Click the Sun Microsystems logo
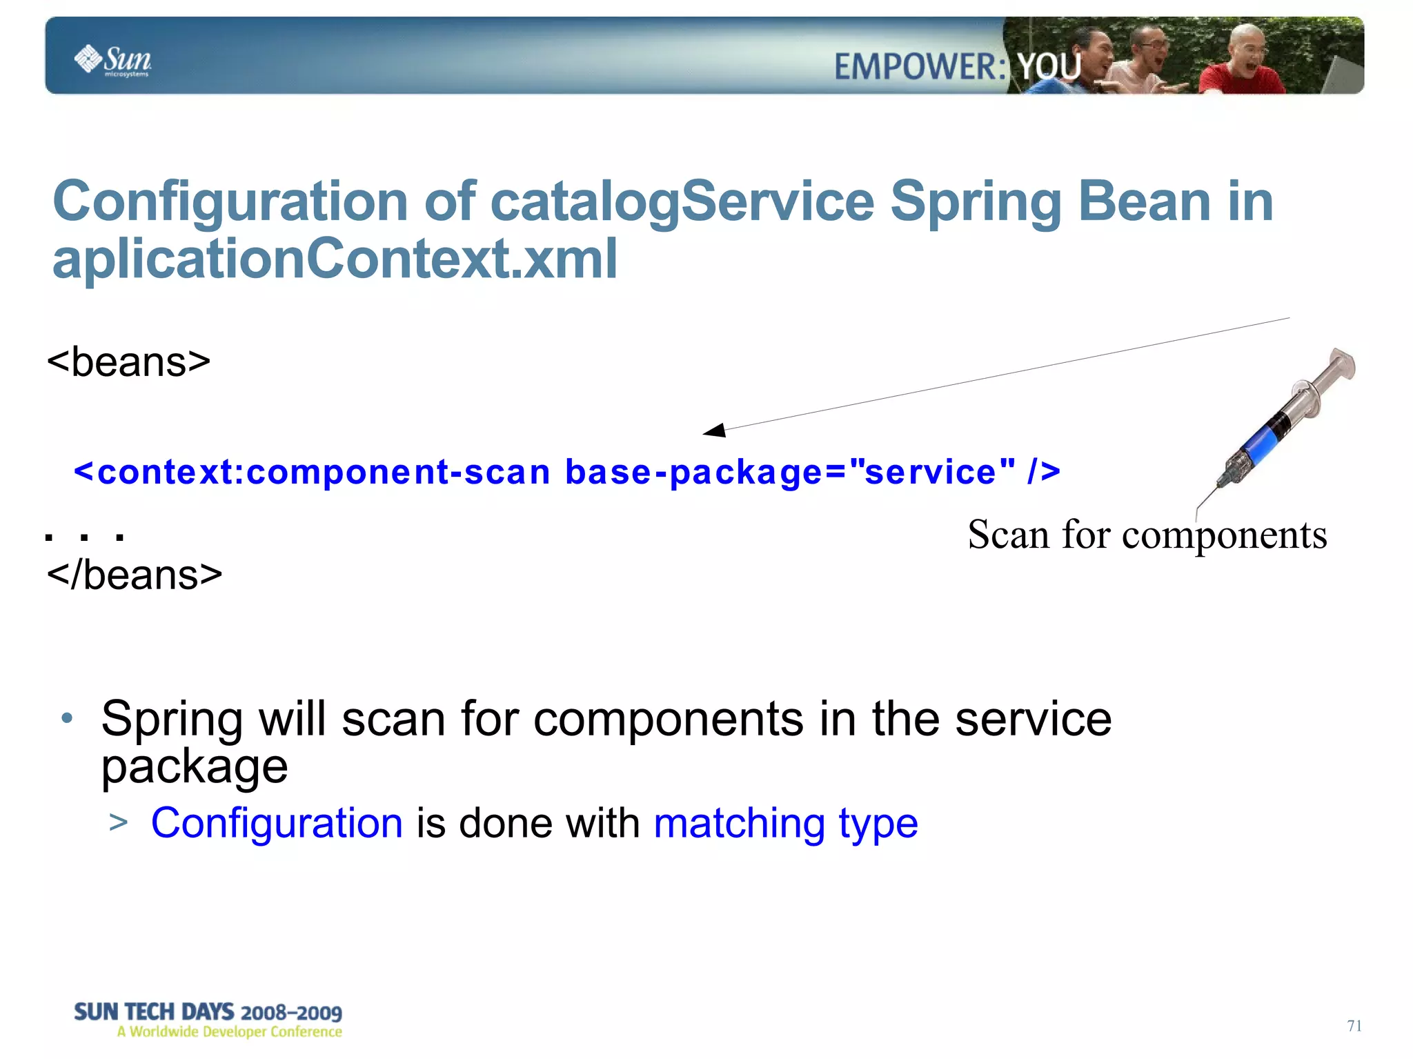[x=112, y=61]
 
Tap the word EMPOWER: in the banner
[x=920, y=68]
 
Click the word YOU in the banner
[x=1049, y=68]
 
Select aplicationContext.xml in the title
[x=335, y=259]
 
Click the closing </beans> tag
[x=135, y=575]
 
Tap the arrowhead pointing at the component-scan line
[x=715, y=430]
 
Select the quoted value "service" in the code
[x=931, y=472]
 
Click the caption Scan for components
[x=1147, y=535]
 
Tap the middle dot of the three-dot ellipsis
[x=84, y=537]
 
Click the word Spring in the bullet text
[x=171, y=719]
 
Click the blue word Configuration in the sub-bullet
[x=277, y=823]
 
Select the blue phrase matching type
[x=785, y=823]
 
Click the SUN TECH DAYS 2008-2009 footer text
[x=208, y=1012]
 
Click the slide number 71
[x=1354, y=1026]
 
